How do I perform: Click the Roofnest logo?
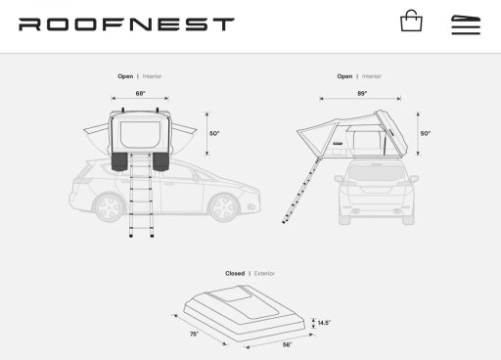point(126,24)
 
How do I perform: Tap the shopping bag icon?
point(411,21)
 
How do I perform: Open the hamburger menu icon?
point(466,24)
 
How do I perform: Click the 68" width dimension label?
point(140,94)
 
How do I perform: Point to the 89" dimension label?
point(362,94)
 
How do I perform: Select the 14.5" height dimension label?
point(324,323)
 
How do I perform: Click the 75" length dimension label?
point(194,334)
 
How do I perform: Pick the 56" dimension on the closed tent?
point(287,344)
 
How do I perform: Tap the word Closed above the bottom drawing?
point(235,273)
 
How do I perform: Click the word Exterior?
point(264,273)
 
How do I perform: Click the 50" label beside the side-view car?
point(214,133)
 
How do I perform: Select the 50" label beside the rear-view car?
point(426,133)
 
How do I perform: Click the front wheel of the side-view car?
point(224,207)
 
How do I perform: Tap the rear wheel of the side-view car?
point(110,207)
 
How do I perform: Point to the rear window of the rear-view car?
point(375,173)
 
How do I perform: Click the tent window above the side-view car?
point(141,135)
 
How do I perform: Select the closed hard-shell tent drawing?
point(245,314)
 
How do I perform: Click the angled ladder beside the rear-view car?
point(300,191)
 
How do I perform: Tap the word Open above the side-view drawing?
point(125,76)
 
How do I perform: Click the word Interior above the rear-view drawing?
point(372,76)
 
